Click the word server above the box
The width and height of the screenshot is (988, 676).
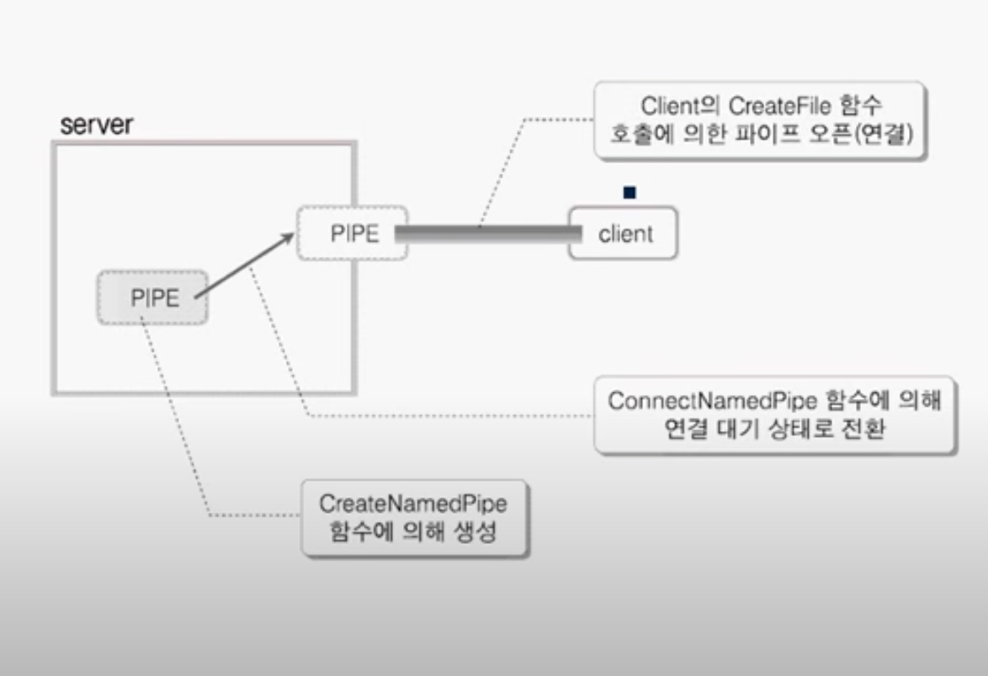97,126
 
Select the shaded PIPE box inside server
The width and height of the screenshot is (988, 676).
152,297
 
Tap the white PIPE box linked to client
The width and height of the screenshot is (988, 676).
352,233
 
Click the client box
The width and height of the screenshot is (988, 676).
624,233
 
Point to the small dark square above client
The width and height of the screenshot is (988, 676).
629,193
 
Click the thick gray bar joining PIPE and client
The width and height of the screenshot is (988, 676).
488,234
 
